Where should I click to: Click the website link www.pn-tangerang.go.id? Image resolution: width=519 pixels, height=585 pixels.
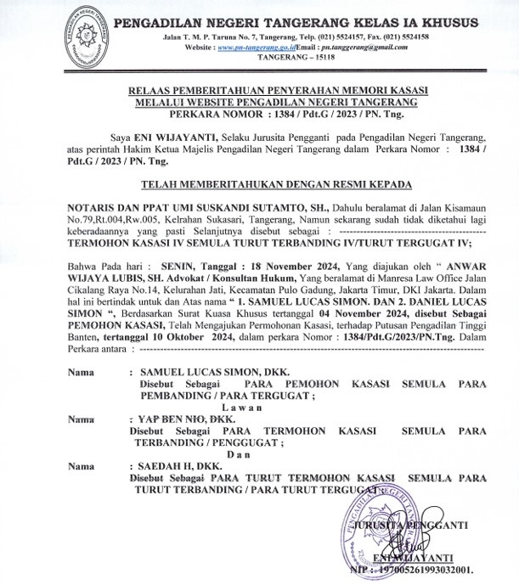tap(252, 50)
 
